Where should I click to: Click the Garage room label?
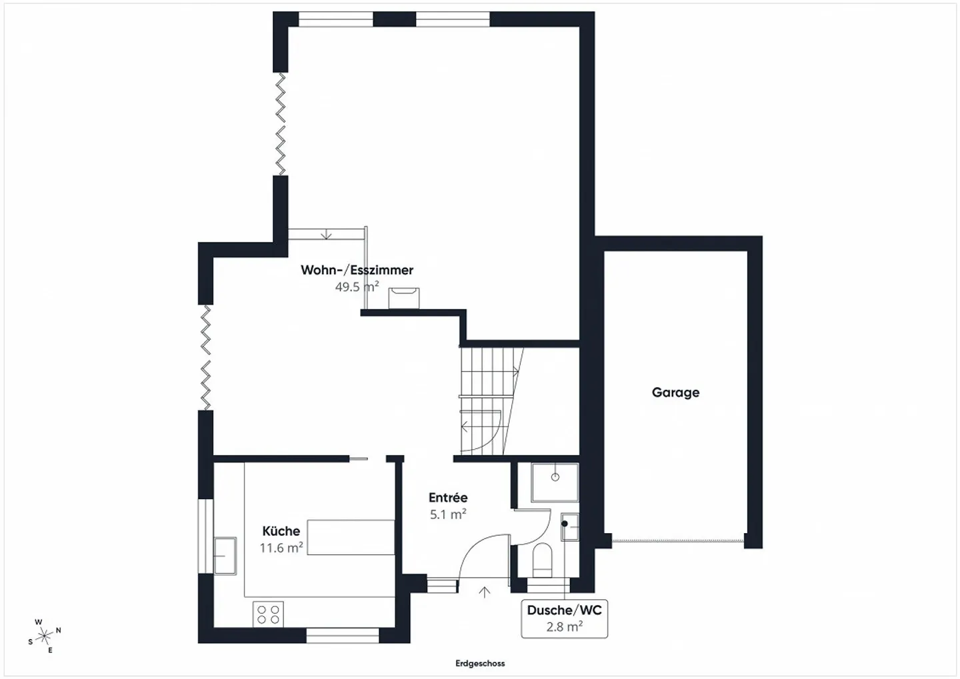pos(675,392)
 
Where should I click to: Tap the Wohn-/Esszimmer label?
pos(357,270)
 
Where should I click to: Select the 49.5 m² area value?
pos(357,287)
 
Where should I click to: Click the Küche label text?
pos(281,531)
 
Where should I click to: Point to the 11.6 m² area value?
pos(281,548)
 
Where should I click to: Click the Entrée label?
pos(448,498)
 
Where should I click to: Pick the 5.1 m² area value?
pos(448,514)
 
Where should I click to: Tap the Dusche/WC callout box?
pos(564,618)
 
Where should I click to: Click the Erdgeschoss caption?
pos(480,664)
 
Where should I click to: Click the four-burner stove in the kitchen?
pos(268,614)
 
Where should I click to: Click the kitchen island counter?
pos(351,537)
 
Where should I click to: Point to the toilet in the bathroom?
pos(543,559)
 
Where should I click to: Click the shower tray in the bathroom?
pos(555,482)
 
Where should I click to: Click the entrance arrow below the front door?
pos(485,592)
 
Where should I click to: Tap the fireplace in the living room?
pos(404,298)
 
